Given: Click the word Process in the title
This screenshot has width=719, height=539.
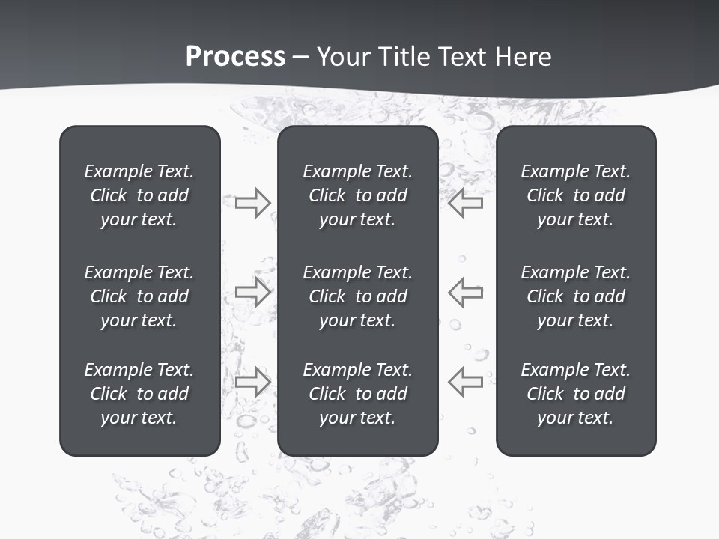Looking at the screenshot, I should pyautogui.click(x=235, y=57).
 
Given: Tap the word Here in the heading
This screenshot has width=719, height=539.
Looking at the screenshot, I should pyautogui.click(x=523, y=57).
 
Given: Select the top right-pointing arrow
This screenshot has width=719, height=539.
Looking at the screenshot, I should pyautogui.click(x=253, y=203).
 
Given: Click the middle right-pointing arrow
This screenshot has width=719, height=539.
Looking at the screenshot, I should pyautogui.click(x=253, y=292).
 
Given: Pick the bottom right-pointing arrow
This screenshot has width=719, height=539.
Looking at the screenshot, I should pyautogui.click(x=253, y=381).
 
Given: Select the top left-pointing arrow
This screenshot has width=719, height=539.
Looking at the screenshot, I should pyautogui.click(x=466, y=203).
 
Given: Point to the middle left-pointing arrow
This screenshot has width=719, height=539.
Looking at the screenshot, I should pyautogui.click(x=466, y=292).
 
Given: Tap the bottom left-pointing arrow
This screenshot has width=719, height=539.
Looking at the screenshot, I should pyautogui.click(x=466, y=381).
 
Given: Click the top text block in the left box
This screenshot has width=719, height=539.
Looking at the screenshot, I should pyautogui.click(x=139, y=195).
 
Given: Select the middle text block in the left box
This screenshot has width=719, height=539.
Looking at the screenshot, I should pyautogui.click(x=139, y=296).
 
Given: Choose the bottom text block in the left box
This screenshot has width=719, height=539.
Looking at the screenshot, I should pyautogui.click(x=139, y=394).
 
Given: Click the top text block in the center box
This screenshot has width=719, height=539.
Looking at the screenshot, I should pyautogui.click(x=358, y=195).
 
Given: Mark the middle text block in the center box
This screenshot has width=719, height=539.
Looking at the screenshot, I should pyautogui.click(x=358, y=296).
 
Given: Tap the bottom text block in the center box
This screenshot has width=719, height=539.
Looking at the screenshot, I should pyautogui.click(x=358, y=394).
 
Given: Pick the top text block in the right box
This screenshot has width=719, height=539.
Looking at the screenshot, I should pyautogui.click(x=576, y=195).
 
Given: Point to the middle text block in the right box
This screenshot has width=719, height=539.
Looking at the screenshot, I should pyautogui.click(x=576, y=296).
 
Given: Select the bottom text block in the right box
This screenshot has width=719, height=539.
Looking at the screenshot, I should pyautogui.click(x=576, y=394).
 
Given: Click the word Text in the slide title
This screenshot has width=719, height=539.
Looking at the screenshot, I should pyautogui.click(x=462, y=57).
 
